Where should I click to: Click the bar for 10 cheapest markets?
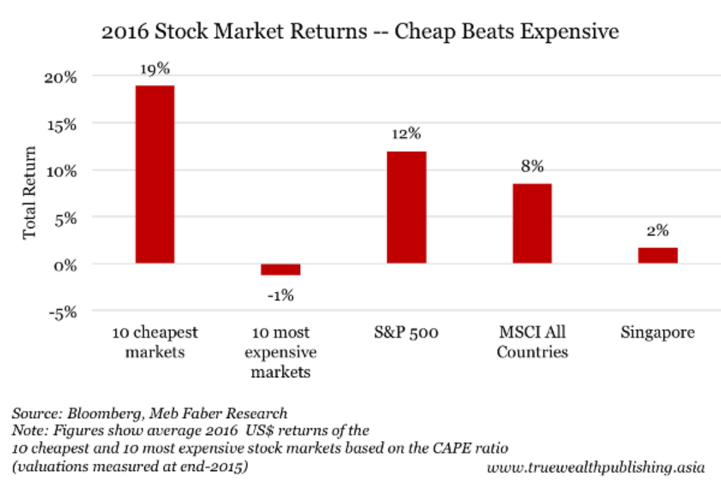[154, 174]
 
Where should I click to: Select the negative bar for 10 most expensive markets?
[281, 269]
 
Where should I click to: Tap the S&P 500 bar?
[406, 207]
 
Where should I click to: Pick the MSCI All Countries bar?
[532, 224]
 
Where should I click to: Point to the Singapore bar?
[657, 256]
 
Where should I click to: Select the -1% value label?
[281, 295]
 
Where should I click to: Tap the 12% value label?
[406, 135]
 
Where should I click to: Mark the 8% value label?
[532, 167]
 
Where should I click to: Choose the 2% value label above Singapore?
[657, 231]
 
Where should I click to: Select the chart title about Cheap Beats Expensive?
[360, 31]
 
